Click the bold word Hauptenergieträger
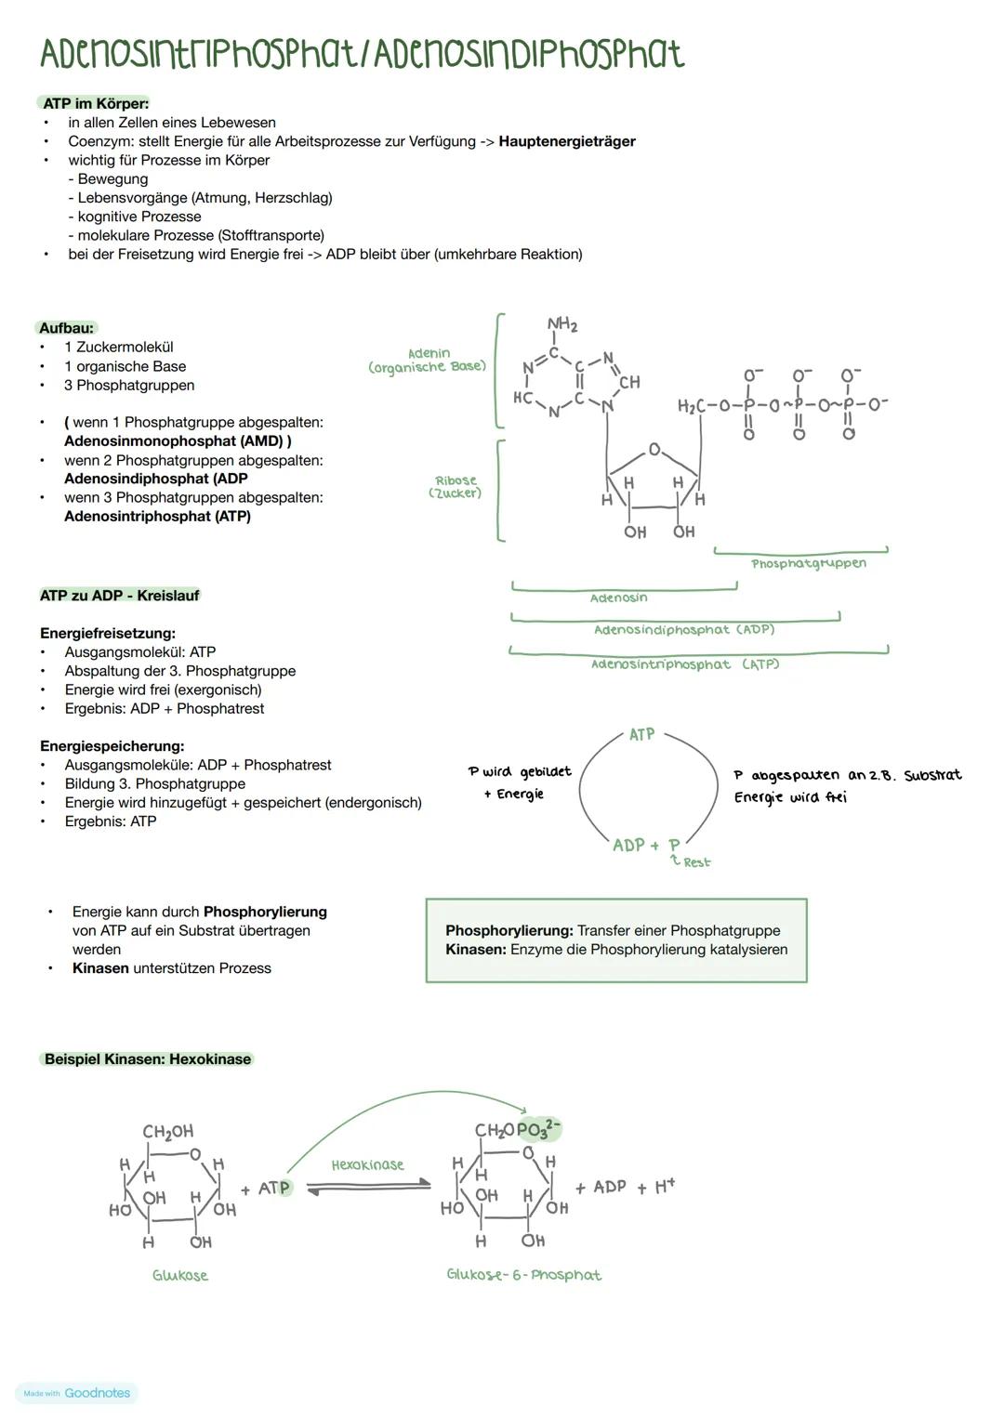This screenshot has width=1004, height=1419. click(567, 141)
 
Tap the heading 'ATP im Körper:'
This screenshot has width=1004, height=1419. click(96, 103)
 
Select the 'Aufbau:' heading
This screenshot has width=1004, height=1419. click(67, 328)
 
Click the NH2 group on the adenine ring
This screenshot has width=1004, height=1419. click(562, 325)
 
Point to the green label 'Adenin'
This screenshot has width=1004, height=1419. click(429, 353)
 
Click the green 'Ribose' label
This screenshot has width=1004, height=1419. click(456, 480)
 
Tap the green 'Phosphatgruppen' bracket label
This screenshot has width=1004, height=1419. click(809, 563)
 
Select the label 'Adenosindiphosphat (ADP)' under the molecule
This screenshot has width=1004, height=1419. click(684, 630)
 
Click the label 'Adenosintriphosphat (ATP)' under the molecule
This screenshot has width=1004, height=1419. click(685, 664)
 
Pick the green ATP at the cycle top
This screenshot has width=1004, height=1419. click(641, 735)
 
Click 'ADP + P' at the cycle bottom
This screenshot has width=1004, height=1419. click(646, 845)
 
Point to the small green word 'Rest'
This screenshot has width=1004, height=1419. click(696, 863)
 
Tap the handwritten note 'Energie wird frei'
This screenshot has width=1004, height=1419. click(790, 797)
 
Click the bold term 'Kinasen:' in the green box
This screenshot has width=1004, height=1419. click(476, 950)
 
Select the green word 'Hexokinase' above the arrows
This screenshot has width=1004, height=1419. click(368, 1164)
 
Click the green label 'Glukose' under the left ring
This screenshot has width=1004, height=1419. click(180, 1276)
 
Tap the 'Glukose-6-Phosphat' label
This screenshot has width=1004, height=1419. click(524, 1275)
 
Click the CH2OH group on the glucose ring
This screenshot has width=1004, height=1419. click(168, 1132)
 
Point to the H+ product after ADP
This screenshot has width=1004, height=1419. click(664, 1187)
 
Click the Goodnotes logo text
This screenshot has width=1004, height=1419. click(97, 1393)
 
